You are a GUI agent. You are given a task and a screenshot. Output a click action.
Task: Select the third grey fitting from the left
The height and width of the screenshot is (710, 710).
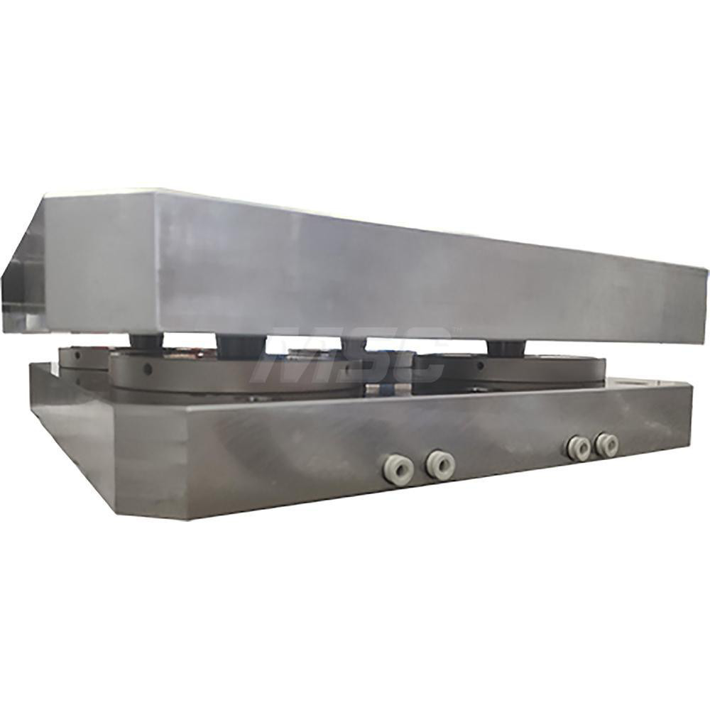578,448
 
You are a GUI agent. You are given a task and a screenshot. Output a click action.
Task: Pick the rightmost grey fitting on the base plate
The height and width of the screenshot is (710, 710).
606,444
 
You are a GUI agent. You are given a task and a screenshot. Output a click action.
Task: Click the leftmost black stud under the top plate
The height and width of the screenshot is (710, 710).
146,342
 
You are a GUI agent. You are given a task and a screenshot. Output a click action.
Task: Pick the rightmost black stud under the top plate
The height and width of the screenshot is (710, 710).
503,347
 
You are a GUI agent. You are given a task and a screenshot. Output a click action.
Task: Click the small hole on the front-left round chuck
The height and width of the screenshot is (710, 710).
147,370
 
